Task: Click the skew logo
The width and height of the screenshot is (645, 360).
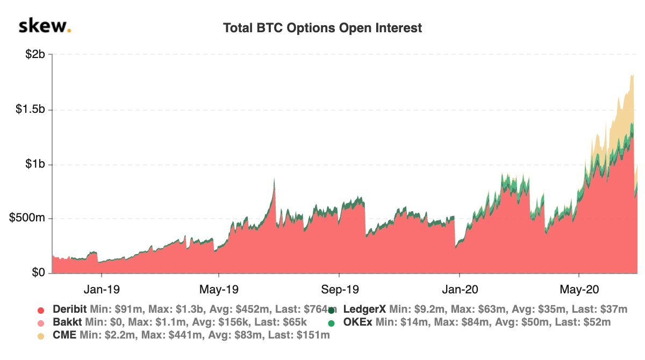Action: [x=45, y=26]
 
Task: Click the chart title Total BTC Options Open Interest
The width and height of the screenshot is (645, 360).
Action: [x=322, y=28]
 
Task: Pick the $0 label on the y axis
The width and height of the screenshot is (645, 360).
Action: [x=38, y=273]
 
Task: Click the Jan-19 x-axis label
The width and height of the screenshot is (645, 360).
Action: [x=102, y=289]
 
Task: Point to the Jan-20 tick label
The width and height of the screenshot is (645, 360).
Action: [x=460, y=289]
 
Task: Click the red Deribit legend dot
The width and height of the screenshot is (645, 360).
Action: [x=40, y=310]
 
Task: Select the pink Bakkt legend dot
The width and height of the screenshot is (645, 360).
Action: [x=40, y=323]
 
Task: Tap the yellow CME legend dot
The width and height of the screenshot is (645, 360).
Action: [x=40, y=336]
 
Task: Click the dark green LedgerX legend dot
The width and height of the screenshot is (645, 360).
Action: [x=332, y=310]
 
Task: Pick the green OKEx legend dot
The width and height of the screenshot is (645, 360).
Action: [x=332, y=323]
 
